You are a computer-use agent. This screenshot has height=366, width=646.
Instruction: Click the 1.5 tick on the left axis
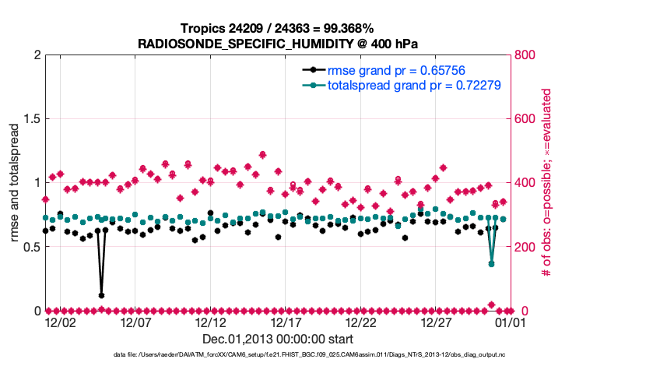click(x=30, y=119)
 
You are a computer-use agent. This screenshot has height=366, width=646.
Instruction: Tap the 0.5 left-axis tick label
click(x=30, y=247)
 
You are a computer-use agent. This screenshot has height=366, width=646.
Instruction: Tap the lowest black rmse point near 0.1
click(x=101, y=295)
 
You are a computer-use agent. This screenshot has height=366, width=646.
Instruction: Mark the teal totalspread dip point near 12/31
click(x=491, y=264)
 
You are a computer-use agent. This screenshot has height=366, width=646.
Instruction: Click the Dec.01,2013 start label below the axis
click(x=278, y=339)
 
